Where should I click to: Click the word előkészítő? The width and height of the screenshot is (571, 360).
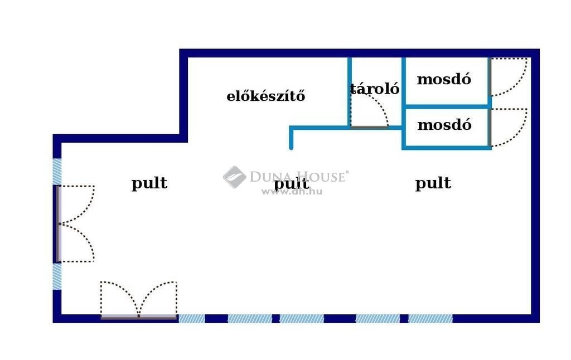pos(266,96)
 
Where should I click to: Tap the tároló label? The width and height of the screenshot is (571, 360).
pos(374,89)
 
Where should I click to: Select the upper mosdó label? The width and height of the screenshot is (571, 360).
pos(444,79)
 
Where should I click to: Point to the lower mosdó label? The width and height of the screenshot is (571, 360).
pos(444,124)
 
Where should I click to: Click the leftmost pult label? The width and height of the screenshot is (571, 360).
pos(149,183)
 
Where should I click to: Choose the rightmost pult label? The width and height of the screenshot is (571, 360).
pos(433,183)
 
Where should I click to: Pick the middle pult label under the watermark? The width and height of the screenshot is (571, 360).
pos(291,183)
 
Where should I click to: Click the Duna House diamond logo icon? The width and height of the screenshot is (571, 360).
pos(235,177)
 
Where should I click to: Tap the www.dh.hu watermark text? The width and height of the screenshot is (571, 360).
pos(292,192)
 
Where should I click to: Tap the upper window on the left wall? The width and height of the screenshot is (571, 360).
pos(57,172)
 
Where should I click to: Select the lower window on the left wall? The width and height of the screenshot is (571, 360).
pos(57,276)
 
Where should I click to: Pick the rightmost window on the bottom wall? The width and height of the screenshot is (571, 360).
pos(430,319)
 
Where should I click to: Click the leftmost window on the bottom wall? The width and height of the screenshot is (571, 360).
pos(192,319)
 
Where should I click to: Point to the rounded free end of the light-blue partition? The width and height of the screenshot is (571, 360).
pos(291,148)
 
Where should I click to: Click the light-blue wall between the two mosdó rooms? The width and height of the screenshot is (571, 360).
pos(447,106)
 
